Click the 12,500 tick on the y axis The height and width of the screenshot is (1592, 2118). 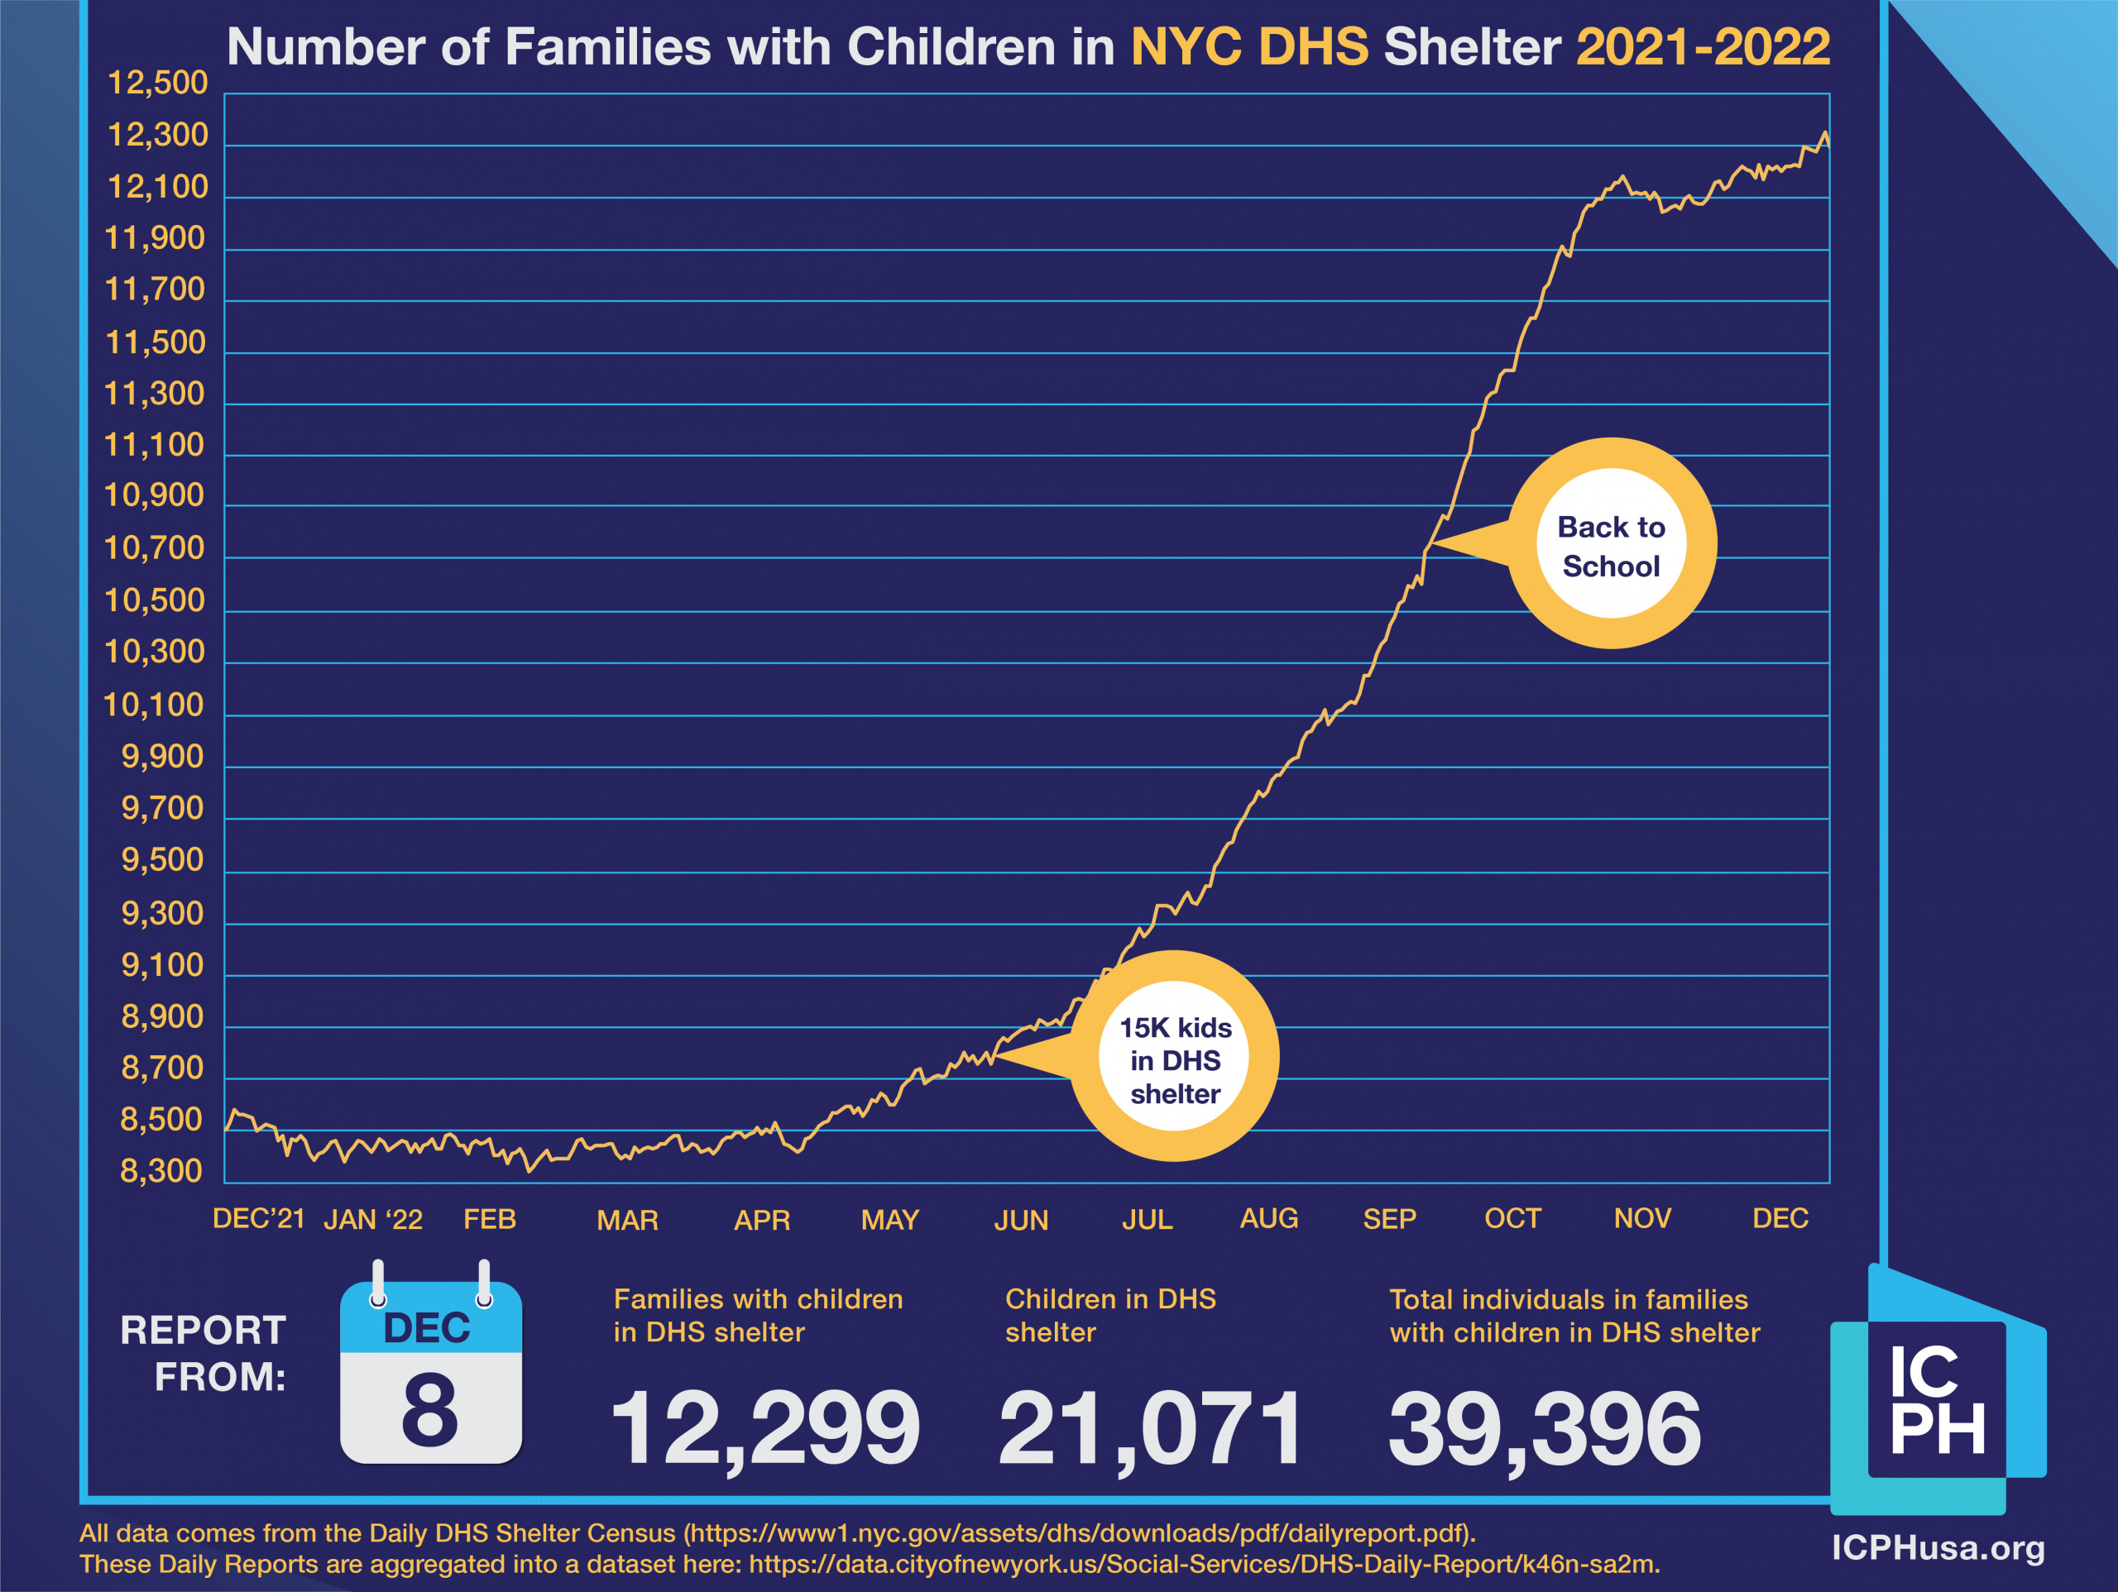(157, 84)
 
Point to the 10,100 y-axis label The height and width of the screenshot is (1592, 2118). (153, 705)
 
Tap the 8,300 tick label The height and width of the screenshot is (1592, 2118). (161, 1171)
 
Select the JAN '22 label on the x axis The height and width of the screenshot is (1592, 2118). (372, 1220)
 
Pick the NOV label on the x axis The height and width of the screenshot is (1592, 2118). (1642, 1219)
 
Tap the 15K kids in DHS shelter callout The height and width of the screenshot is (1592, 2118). (1175, 1059)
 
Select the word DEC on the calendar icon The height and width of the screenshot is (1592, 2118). (427, 1329)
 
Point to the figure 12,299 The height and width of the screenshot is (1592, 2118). (764, 1429)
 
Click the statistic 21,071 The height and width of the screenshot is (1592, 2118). (1150, 1429)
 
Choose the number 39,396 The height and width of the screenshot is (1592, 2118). (1544, 1429)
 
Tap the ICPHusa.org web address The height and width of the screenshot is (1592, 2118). (1938, 1548)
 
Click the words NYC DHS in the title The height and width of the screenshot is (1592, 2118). (1249, 47)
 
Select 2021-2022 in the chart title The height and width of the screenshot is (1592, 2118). (1703, 47)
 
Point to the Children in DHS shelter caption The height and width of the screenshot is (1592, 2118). (1109, 1315)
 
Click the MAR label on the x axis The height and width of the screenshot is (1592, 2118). (627, 1221)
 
